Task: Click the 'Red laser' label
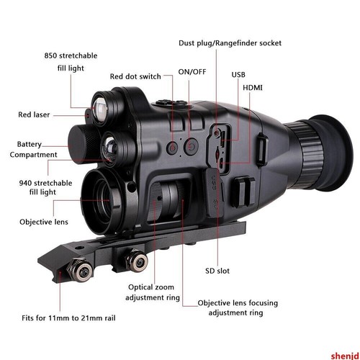click(34, 114)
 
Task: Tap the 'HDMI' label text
click(253, 88)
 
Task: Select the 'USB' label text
click(238, 75)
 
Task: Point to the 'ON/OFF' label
click(192, 72)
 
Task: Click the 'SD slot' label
click(217, 271)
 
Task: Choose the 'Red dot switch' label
click(135, 76)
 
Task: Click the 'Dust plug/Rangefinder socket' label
click(230, 43)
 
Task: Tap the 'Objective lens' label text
click(44, 222)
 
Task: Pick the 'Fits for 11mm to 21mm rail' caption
click(68, 318)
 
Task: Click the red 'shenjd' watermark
click(345, 356)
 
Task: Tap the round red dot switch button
click(173, 148)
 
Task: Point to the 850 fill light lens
click(101, 109)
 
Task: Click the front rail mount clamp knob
click(81, 271)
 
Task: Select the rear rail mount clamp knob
click(137, 261)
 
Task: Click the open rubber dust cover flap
click(214, 192)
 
